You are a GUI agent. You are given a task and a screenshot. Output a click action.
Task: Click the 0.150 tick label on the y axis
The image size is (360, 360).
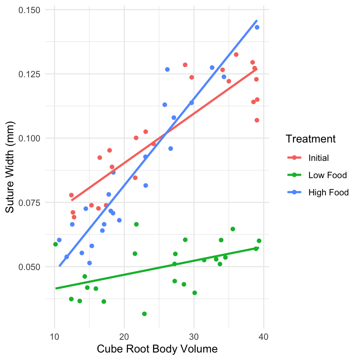click(29, 10)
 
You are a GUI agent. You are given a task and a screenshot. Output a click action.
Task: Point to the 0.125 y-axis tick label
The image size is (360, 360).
click(29, 74)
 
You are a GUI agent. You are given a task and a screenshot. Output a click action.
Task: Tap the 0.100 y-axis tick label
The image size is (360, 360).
click(29, 138)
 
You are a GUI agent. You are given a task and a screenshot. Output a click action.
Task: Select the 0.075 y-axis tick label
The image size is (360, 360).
click(29, 203)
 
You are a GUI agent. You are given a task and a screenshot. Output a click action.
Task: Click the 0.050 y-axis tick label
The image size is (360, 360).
click(29, 267)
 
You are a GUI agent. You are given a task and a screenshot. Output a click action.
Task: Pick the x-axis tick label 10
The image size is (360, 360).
click(54, 337)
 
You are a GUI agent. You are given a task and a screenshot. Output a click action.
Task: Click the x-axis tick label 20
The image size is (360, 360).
click(124, 337)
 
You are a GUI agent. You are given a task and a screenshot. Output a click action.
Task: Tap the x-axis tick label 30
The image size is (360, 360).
click(194, 337)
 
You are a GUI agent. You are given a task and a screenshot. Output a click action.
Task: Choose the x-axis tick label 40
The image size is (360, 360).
click(264, 337)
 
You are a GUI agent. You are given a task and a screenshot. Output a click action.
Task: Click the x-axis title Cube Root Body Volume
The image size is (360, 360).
click(157, 349)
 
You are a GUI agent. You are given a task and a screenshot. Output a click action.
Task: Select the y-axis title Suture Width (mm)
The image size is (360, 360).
click(10, 167)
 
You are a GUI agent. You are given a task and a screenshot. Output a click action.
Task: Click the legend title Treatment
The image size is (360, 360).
click(310, 139)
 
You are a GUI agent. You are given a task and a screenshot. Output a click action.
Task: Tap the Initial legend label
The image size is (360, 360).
click(318, 158)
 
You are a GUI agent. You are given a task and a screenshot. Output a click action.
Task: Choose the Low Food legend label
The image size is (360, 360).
click(328, 175)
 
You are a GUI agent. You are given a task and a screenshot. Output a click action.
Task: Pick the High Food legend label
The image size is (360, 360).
click(328, 192)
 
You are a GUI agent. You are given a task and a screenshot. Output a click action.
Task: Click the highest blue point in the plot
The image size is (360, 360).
click(257, 27)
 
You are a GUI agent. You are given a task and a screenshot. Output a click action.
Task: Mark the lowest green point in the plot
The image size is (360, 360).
click(144, 314)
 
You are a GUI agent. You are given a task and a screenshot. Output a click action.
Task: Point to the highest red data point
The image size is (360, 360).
click(236, 55)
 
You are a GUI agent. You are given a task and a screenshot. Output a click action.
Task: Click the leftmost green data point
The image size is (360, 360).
click(55, 244)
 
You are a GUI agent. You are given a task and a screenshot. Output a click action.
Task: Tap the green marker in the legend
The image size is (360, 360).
click(294, 175)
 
